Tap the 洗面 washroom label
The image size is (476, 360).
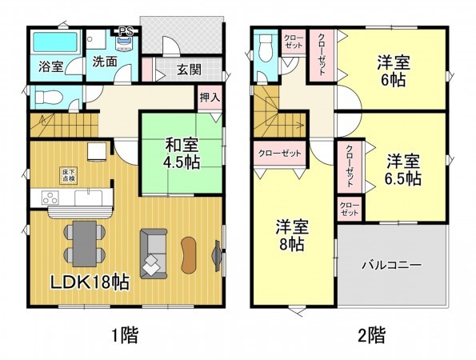click(103, 60)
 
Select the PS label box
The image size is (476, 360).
click(126, 32)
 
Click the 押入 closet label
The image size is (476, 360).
click(209, 96)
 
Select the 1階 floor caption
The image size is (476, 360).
click(126, 334)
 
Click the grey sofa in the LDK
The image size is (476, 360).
click(154, 254)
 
